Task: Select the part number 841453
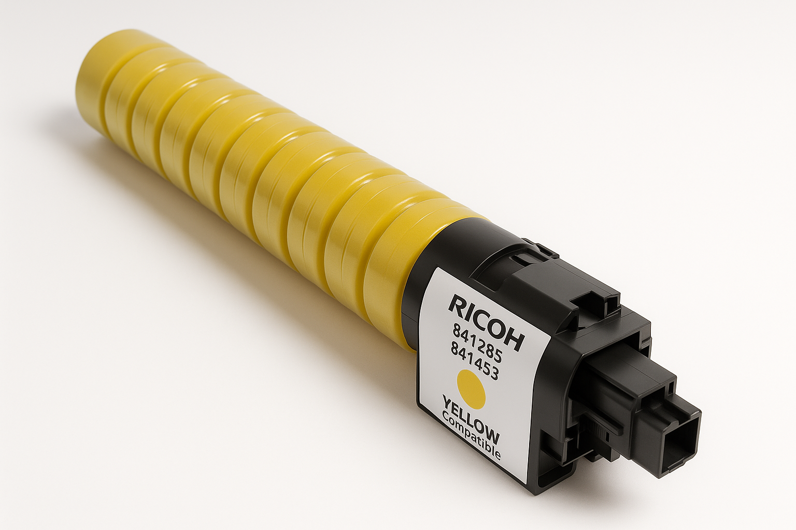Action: click(475, 362)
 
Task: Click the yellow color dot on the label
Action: click(470, 388)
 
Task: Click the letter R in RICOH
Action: click(458, 306)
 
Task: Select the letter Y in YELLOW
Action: click(447, 403)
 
